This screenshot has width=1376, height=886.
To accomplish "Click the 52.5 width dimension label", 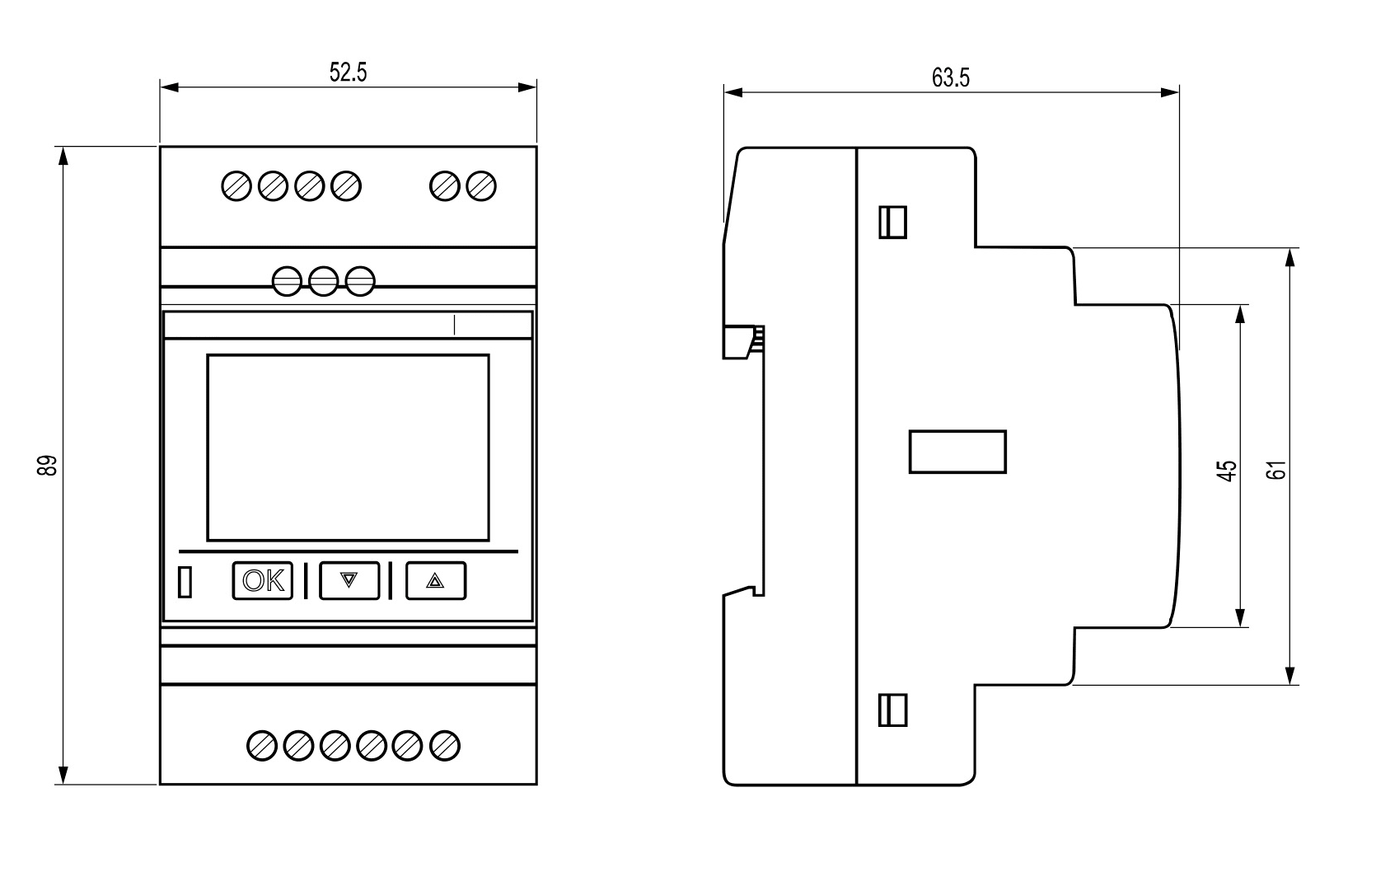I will point(348,73).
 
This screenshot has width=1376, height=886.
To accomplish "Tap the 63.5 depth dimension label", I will point(951,78).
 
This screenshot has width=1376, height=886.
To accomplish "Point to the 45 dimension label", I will point(1227,471).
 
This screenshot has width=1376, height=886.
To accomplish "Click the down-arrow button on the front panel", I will point(349,580).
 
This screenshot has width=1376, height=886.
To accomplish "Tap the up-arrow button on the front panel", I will point(436,580).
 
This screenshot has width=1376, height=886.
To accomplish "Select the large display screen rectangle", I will point(348,448).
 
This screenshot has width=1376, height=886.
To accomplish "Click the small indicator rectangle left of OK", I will point(185,581).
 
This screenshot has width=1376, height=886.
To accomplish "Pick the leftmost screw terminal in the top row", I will point(236,186).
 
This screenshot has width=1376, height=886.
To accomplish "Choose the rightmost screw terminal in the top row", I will point(481,186).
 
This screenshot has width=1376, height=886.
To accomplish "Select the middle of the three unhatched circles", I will point(324,281).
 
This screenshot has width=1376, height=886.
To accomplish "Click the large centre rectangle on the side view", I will point(957,452).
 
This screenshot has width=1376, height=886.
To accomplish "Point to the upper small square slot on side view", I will point(893,222).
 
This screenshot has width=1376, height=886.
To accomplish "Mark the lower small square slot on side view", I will point(893,710).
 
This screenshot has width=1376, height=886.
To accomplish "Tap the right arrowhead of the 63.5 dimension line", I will point(1170,92).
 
